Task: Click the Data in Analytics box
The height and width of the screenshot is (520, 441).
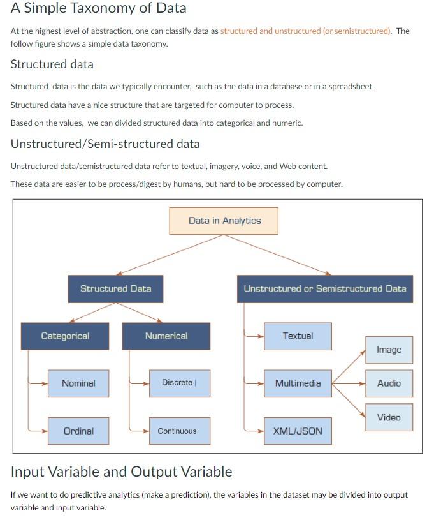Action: [x=224, y=221]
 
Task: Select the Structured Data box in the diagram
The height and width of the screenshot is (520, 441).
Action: [x=115, y=288]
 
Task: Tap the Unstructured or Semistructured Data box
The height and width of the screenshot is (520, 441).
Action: [x=324, y=288]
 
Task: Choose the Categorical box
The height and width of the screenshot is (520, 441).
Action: [x=65, y=336]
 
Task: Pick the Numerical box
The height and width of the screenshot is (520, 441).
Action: [x=166, y=336]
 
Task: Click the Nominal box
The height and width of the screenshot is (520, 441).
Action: [x=78, y=383]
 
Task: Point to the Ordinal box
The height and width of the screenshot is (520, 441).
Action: [x=78, y=431]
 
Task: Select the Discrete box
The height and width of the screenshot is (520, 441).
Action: [x=179, y=383]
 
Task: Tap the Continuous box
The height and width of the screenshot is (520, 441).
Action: [x=179, y=431]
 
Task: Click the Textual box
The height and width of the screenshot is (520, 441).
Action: [x=298, y=336]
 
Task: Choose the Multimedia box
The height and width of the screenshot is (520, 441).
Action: [x=298, y=383]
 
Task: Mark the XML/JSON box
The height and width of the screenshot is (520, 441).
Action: [x=298, y=431]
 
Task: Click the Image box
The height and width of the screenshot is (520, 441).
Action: [x=389, y=350]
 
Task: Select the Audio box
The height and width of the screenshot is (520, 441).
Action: [x=389, y=383]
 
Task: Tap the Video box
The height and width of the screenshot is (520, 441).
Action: [x=389, y=418]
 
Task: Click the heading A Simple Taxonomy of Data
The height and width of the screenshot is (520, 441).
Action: [x=98, y=9]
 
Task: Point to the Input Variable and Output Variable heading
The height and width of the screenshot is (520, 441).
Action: [x=121, y=472]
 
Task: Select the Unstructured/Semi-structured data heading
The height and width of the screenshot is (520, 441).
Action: [x=105, y=144]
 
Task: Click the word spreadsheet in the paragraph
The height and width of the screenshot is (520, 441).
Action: [x=351, y=87]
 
